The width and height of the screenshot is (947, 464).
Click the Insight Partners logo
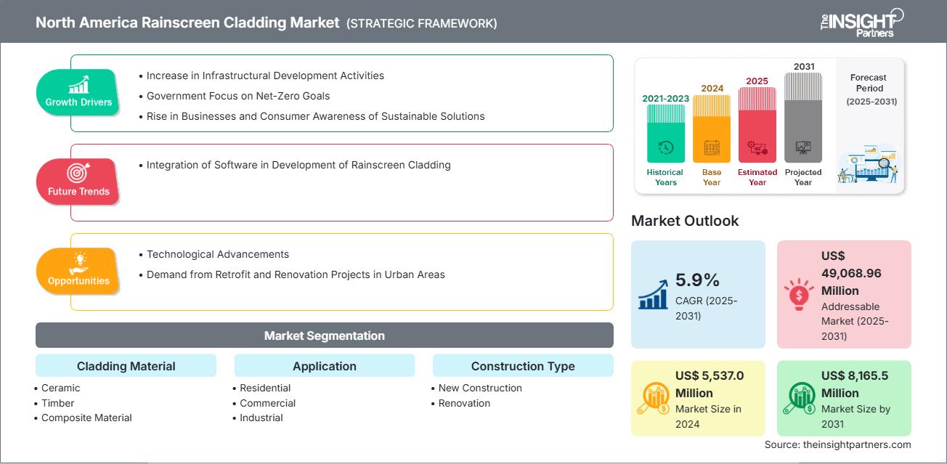[x=861, y=22]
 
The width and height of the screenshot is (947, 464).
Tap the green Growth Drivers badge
[x=78, y=92]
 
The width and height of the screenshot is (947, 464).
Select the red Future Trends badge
[x=78, y=182]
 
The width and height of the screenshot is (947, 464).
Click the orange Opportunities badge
[x=78, y=271]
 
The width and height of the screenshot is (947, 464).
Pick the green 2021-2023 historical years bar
[x=665, y=134]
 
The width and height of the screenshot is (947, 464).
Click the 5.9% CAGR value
[x=696, y=280]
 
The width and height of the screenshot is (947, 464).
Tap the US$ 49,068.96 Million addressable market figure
[x=850, y=272]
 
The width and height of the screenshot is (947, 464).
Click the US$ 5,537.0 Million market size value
[x=709, y=383]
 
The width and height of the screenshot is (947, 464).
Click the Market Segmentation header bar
[x=324, y=335]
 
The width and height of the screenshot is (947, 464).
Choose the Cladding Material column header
[x=126, y=366]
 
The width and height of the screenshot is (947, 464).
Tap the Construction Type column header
[x=522, y=366]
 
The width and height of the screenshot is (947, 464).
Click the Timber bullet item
[x=57, y=403]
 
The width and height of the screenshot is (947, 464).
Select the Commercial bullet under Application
[x=267, y=403]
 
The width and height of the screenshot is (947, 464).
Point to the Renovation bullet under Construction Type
[x=464, y=403]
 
